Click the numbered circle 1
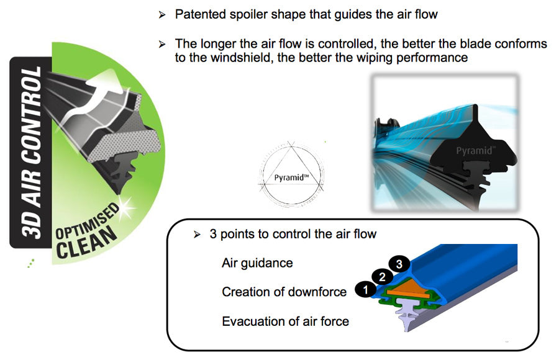[365, 289]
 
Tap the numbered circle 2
[382, 277]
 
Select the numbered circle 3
[399, 264]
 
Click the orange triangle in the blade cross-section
[408, 288]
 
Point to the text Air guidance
[257, 263]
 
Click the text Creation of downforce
[284, 292]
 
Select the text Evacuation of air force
[285, 321]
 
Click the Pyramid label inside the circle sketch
[291, 177]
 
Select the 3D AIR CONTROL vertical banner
[30, 153]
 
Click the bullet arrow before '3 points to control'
[197, 235]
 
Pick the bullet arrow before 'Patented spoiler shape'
[162, 15]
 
